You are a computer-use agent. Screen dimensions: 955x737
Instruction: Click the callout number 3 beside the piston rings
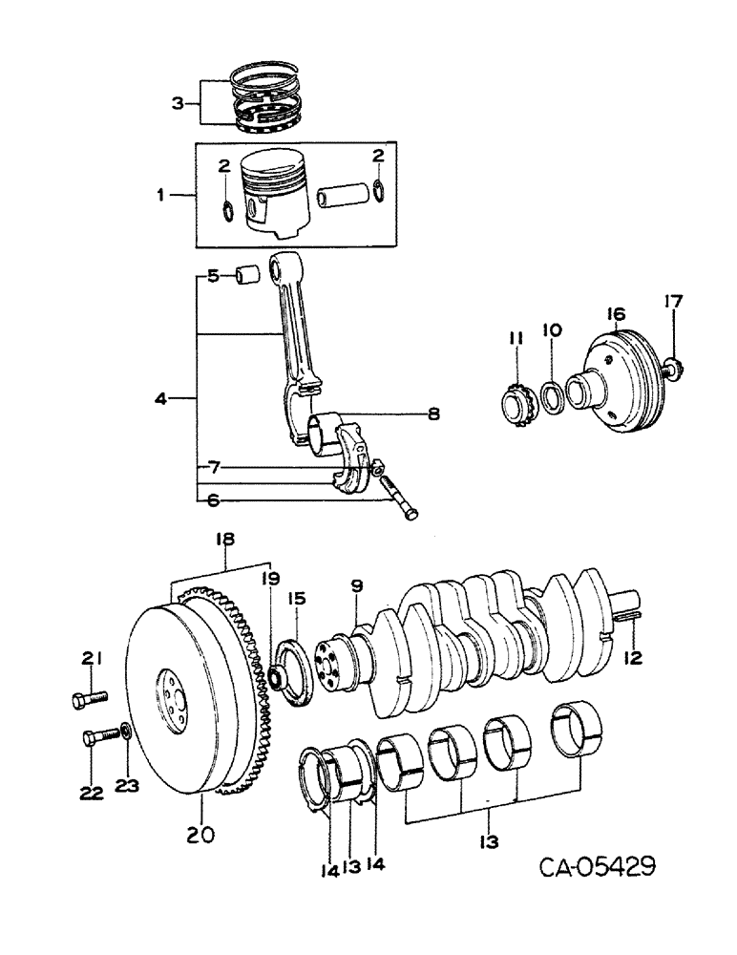point(178,103)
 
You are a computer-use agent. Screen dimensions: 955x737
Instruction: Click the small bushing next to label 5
point(247,276)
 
